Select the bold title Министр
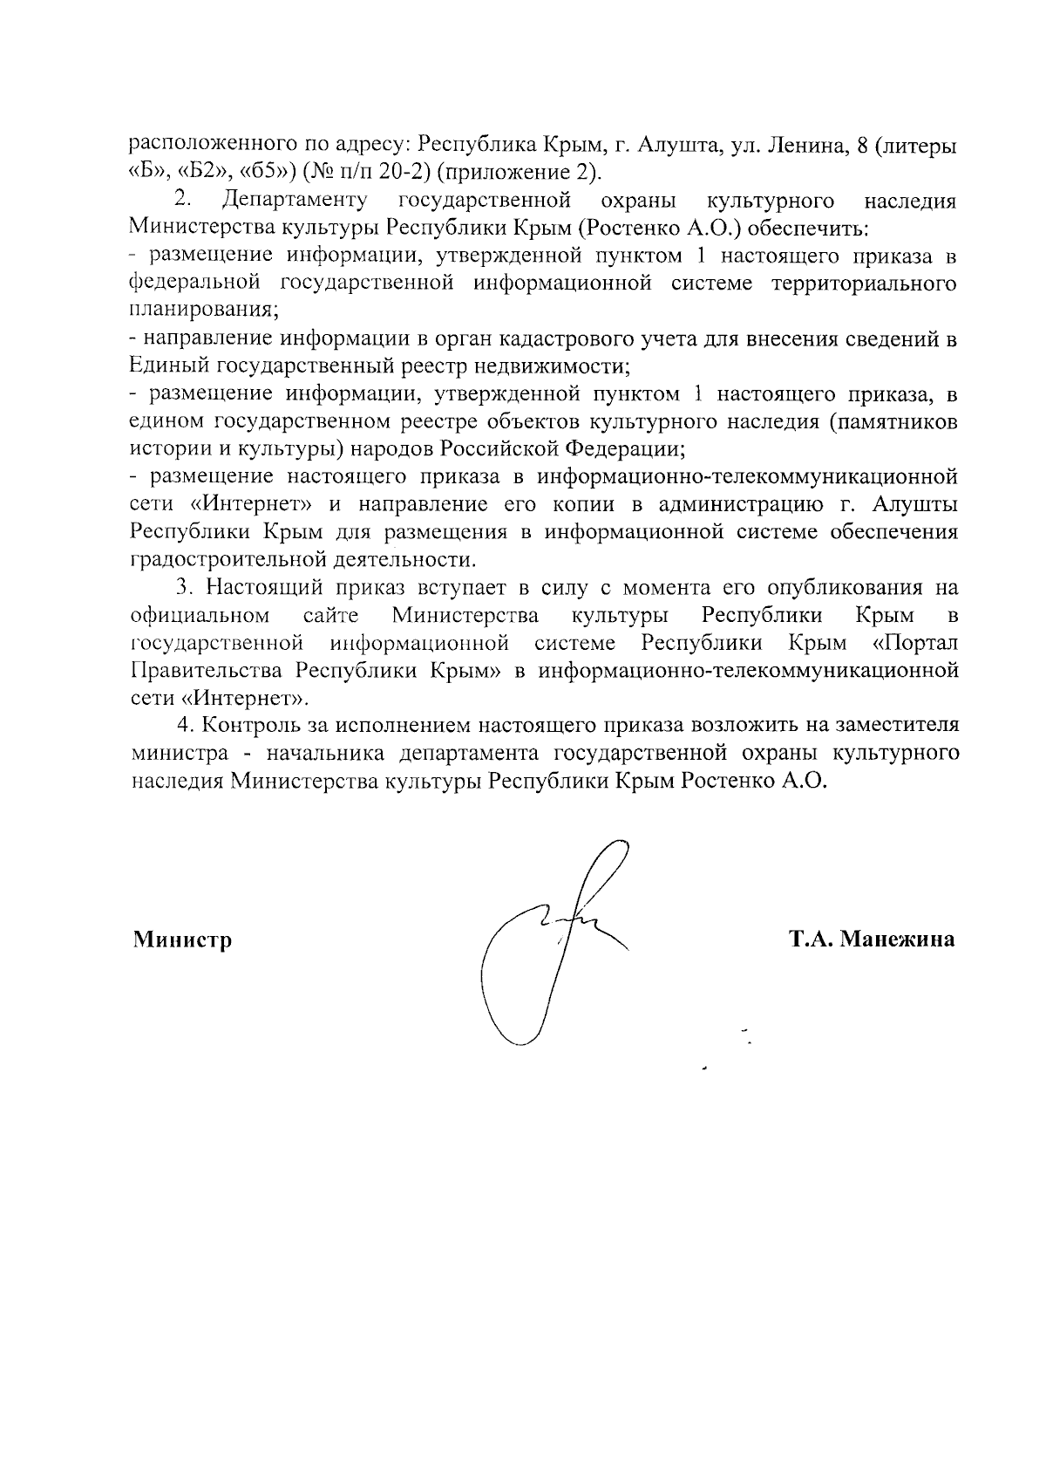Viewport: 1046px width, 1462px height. [x=182, y=940]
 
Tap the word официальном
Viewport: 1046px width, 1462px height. [x=199, y=616]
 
